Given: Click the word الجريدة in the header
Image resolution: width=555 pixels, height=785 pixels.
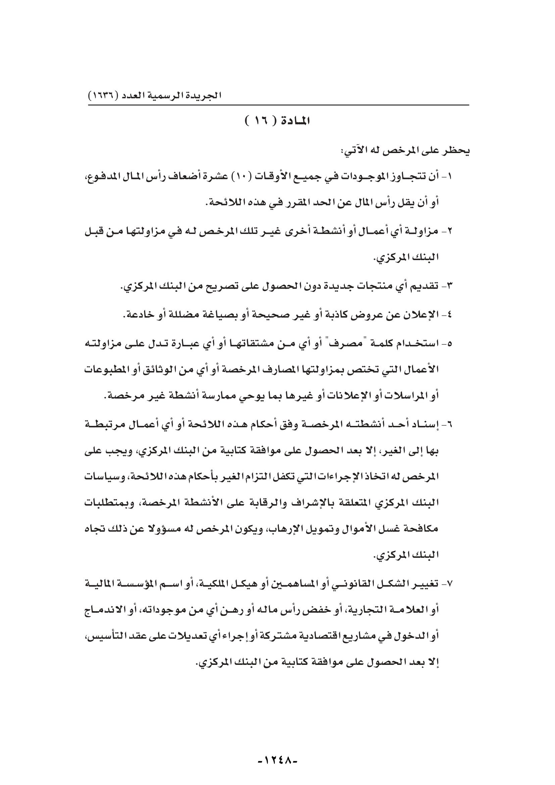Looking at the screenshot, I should tap(207, 95).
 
